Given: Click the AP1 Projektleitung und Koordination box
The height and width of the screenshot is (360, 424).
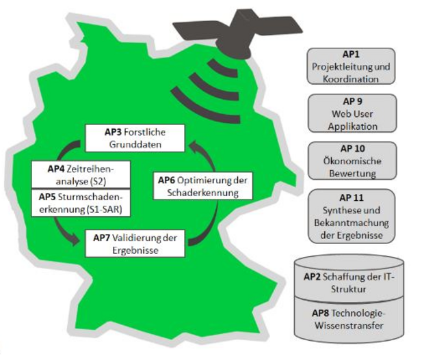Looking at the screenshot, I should [x=352, y=66].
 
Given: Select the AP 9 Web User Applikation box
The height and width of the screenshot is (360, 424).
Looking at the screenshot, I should [x=352, y=113].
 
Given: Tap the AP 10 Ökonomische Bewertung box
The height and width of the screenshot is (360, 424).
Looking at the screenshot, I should [x=352, y=161].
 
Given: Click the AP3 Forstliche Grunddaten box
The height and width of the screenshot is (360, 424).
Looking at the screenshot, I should [x=134, y=137].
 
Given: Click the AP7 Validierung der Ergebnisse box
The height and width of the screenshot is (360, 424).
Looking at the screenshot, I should [x=135, y=244].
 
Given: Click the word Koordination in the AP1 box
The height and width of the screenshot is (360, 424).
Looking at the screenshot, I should [x=352, y=79].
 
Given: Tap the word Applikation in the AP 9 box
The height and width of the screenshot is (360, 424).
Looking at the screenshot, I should [x=352, y=126].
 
